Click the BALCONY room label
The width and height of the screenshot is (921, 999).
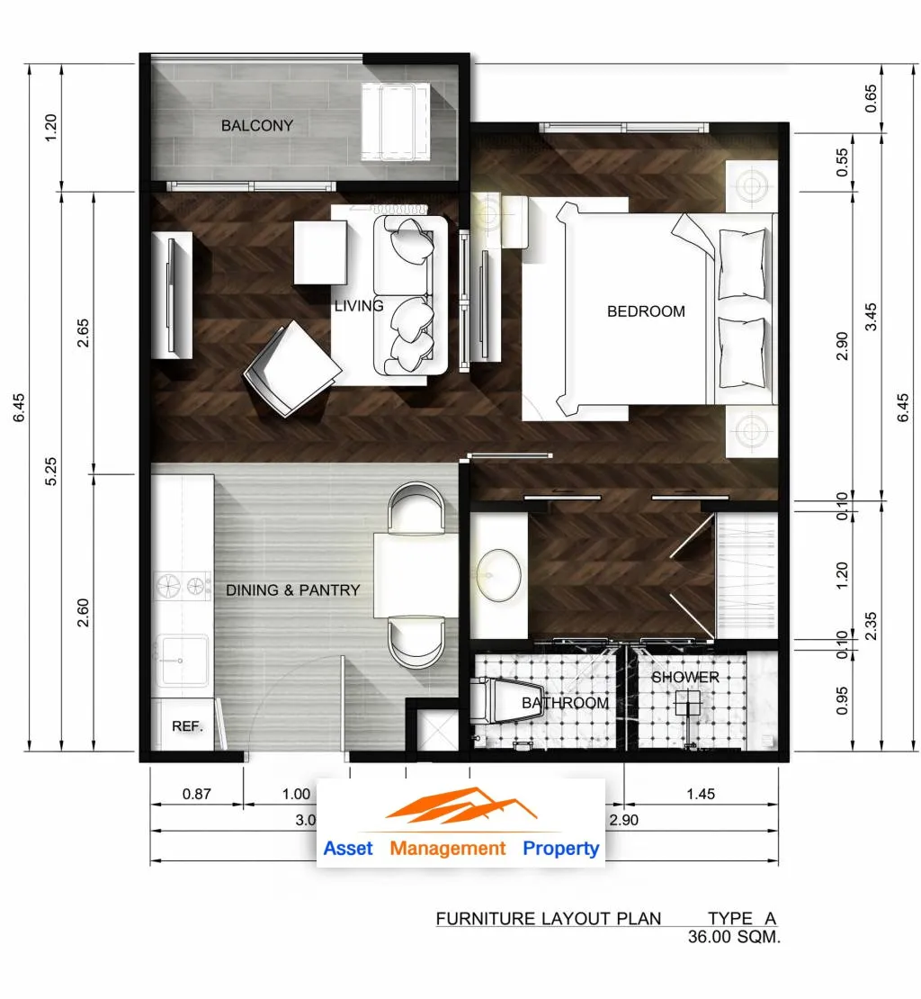tap(257, 125)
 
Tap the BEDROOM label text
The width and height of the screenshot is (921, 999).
tap(646, 311)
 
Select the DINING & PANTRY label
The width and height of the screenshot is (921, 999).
tap(293, 590)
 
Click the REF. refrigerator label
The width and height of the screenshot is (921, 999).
tap(187, 726)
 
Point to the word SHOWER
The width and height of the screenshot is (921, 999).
tap(684, 678)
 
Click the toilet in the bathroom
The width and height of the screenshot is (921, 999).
tap(506, 701)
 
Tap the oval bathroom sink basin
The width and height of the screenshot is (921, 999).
tap(498, 575)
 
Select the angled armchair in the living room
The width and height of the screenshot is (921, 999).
tap(292, 368)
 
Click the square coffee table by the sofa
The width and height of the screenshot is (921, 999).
tap(320, 252)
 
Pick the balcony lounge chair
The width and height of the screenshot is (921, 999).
tap(395, 121)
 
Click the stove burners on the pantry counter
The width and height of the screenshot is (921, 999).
tap(183, 585)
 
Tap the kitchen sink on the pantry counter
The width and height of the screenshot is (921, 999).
tap(182, 660)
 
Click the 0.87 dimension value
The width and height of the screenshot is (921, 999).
tap(196, 794)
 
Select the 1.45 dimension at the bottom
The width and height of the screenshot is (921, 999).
tap(700, 794)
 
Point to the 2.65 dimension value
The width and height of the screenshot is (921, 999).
tap(83, 333)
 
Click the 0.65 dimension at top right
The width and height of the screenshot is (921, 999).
tap(871, 99)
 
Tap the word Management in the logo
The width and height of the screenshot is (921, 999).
tap(447, 849)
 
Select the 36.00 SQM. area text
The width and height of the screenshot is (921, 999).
tap(734, 937)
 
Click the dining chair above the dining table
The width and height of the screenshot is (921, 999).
tap(416, 508)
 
